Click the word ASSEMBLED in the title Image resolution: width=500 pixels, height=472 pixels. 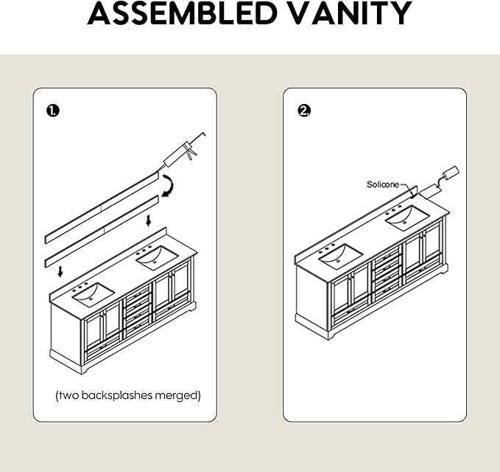pos(182,13)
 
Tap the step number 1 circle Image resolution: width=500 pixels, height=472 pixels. pos(53,111)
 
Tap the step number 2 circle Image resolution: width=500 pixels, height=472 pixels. pos(304,111)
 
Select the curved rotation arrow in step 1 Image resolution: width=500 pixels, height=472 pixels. pos(170,186)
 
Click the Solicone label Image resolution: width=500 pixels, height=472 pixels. pos(383,184)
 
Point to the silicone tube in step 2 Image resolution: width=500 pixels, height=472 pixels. pos(439,182)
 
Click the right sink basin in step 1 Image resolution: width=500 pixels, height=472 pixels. pos(157,258)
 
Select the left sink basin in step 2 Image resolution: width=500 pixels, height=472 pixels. pos(341,256)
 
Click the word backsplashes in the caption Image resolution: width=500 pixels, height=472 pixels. pos(117,395)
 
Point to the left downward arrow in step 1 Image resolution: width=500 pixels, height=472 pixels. pos(60,272)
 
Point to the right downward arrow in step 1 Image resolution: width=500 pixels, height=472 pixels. pos(148,221)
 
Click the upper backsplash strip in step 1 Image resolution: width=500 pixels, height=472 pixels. pos(102,207)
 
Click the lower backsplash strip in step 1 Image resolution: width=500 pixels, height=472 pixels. pos(102,232)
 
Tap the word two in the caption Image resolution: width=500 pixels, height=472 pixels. pos(69,395)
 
